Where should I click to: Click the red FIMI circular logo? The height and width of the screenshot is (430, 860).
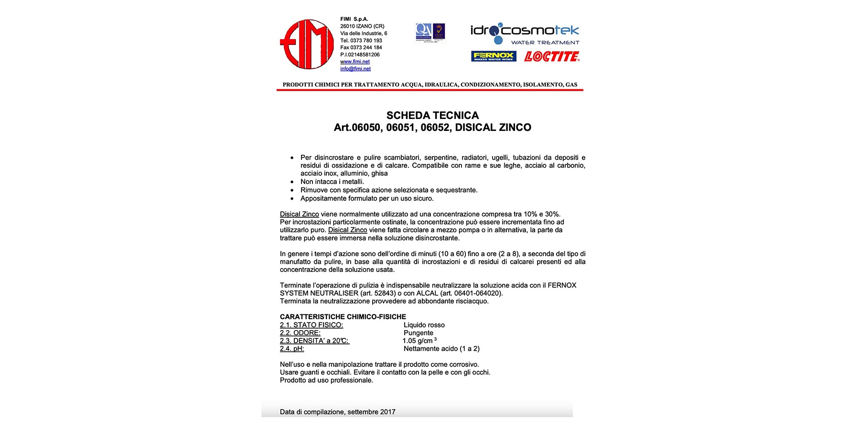(x=307, y=44)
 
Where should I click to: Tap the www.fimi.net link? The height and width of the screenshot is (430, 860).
(x=355, y=62)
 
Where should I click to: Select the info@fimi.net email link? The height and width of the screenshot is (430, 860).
(x=355, y=69)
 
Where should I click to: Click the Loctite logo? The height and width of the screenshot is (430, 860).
(x=552, y=56)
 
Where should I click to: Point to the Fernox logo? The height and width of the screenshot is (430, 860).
(x=494, y=56)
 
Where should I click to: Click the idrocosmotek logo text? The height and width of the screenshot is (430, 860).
(x=524, y=31)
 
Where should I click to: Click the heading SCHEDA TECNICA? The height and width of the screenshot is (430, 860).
(x=432, y=115)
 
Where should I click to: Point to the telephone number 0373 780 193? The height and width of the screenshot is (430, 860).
(x=366, y=41)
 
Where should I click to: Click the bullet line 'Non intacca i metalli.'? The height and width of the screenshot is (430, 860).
(x=332, y=182)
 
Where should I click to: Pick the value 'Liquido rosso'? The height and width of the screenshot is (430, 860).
(x=424, y=325)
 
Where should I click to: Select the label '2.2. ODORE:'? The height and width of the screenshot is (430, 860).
(x=300, y=333)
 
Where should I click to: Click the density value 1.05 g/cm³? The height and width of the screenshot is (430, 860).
(x=419, y=341)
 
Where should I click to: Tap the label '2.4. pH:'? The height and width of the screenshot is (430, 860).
(x=292, y=349)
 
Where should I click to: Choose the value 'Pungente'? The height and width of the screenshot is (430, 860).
(x=418, y=333)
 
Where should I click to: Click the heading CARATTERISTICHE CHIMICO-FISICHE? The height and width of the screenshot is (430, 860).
(x=343, y=317)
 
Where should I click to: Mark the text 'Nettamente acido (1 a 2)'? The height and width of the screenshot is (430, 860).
(x=441, y=349)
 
